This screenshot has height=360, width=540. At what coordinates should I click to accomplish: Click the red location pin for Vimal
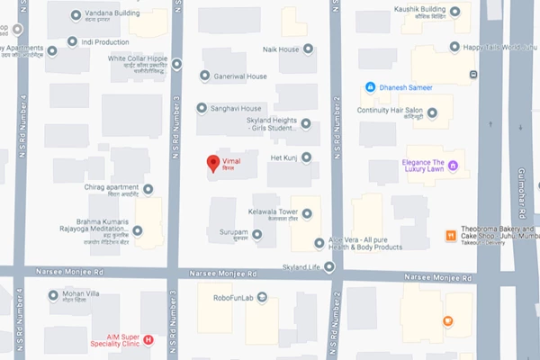tap(213, 163)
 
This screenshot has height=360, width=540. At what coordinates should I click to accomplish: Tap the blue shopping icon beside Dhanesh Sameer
tap(369, 87)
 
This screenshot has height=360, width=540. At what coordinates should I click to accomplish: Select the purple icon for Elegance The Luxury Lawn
tap(454, 165)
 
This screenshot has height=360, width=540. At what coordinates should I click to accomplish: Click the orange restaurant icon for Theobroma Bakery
tap(449, 236)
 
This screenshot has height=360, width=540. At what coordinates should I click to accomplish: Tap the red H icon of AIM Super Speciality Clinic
tap(148, 339)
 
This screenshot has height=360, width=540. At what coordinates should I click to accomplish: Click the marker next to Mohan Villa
tap(53, 294)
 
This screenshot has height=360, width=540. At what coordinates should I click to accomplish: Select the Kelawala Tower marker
tap(307, 213)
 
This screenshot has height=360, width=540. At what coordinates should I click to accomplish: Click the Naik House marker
tap(309, 49)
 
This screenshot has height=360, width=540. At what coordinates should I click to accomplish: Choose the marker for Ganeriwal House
tap(204, 76)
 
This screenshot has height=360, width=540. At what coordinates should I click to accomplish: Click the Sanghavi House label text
tap(237, 108)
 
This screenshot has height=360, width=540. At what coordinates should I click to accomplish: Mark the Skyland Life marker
tap(329, 266)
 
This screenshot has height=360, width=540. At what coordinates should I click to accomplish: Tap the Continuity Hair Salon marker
tap(433, 113)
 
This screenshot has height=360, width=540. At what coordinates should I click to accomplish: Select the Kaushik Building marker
tap(454, 12)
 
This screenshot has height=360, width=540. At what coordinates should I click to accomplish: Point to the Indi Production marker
tap(72, 41)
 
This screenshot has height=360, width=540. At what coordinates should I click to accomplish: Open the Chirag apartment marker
tap(148, 189)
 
